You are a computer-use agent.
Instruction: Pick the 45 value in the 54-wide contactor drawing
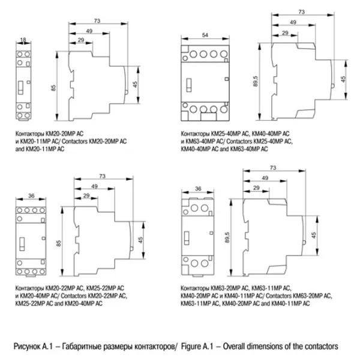tap(343, 79)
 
